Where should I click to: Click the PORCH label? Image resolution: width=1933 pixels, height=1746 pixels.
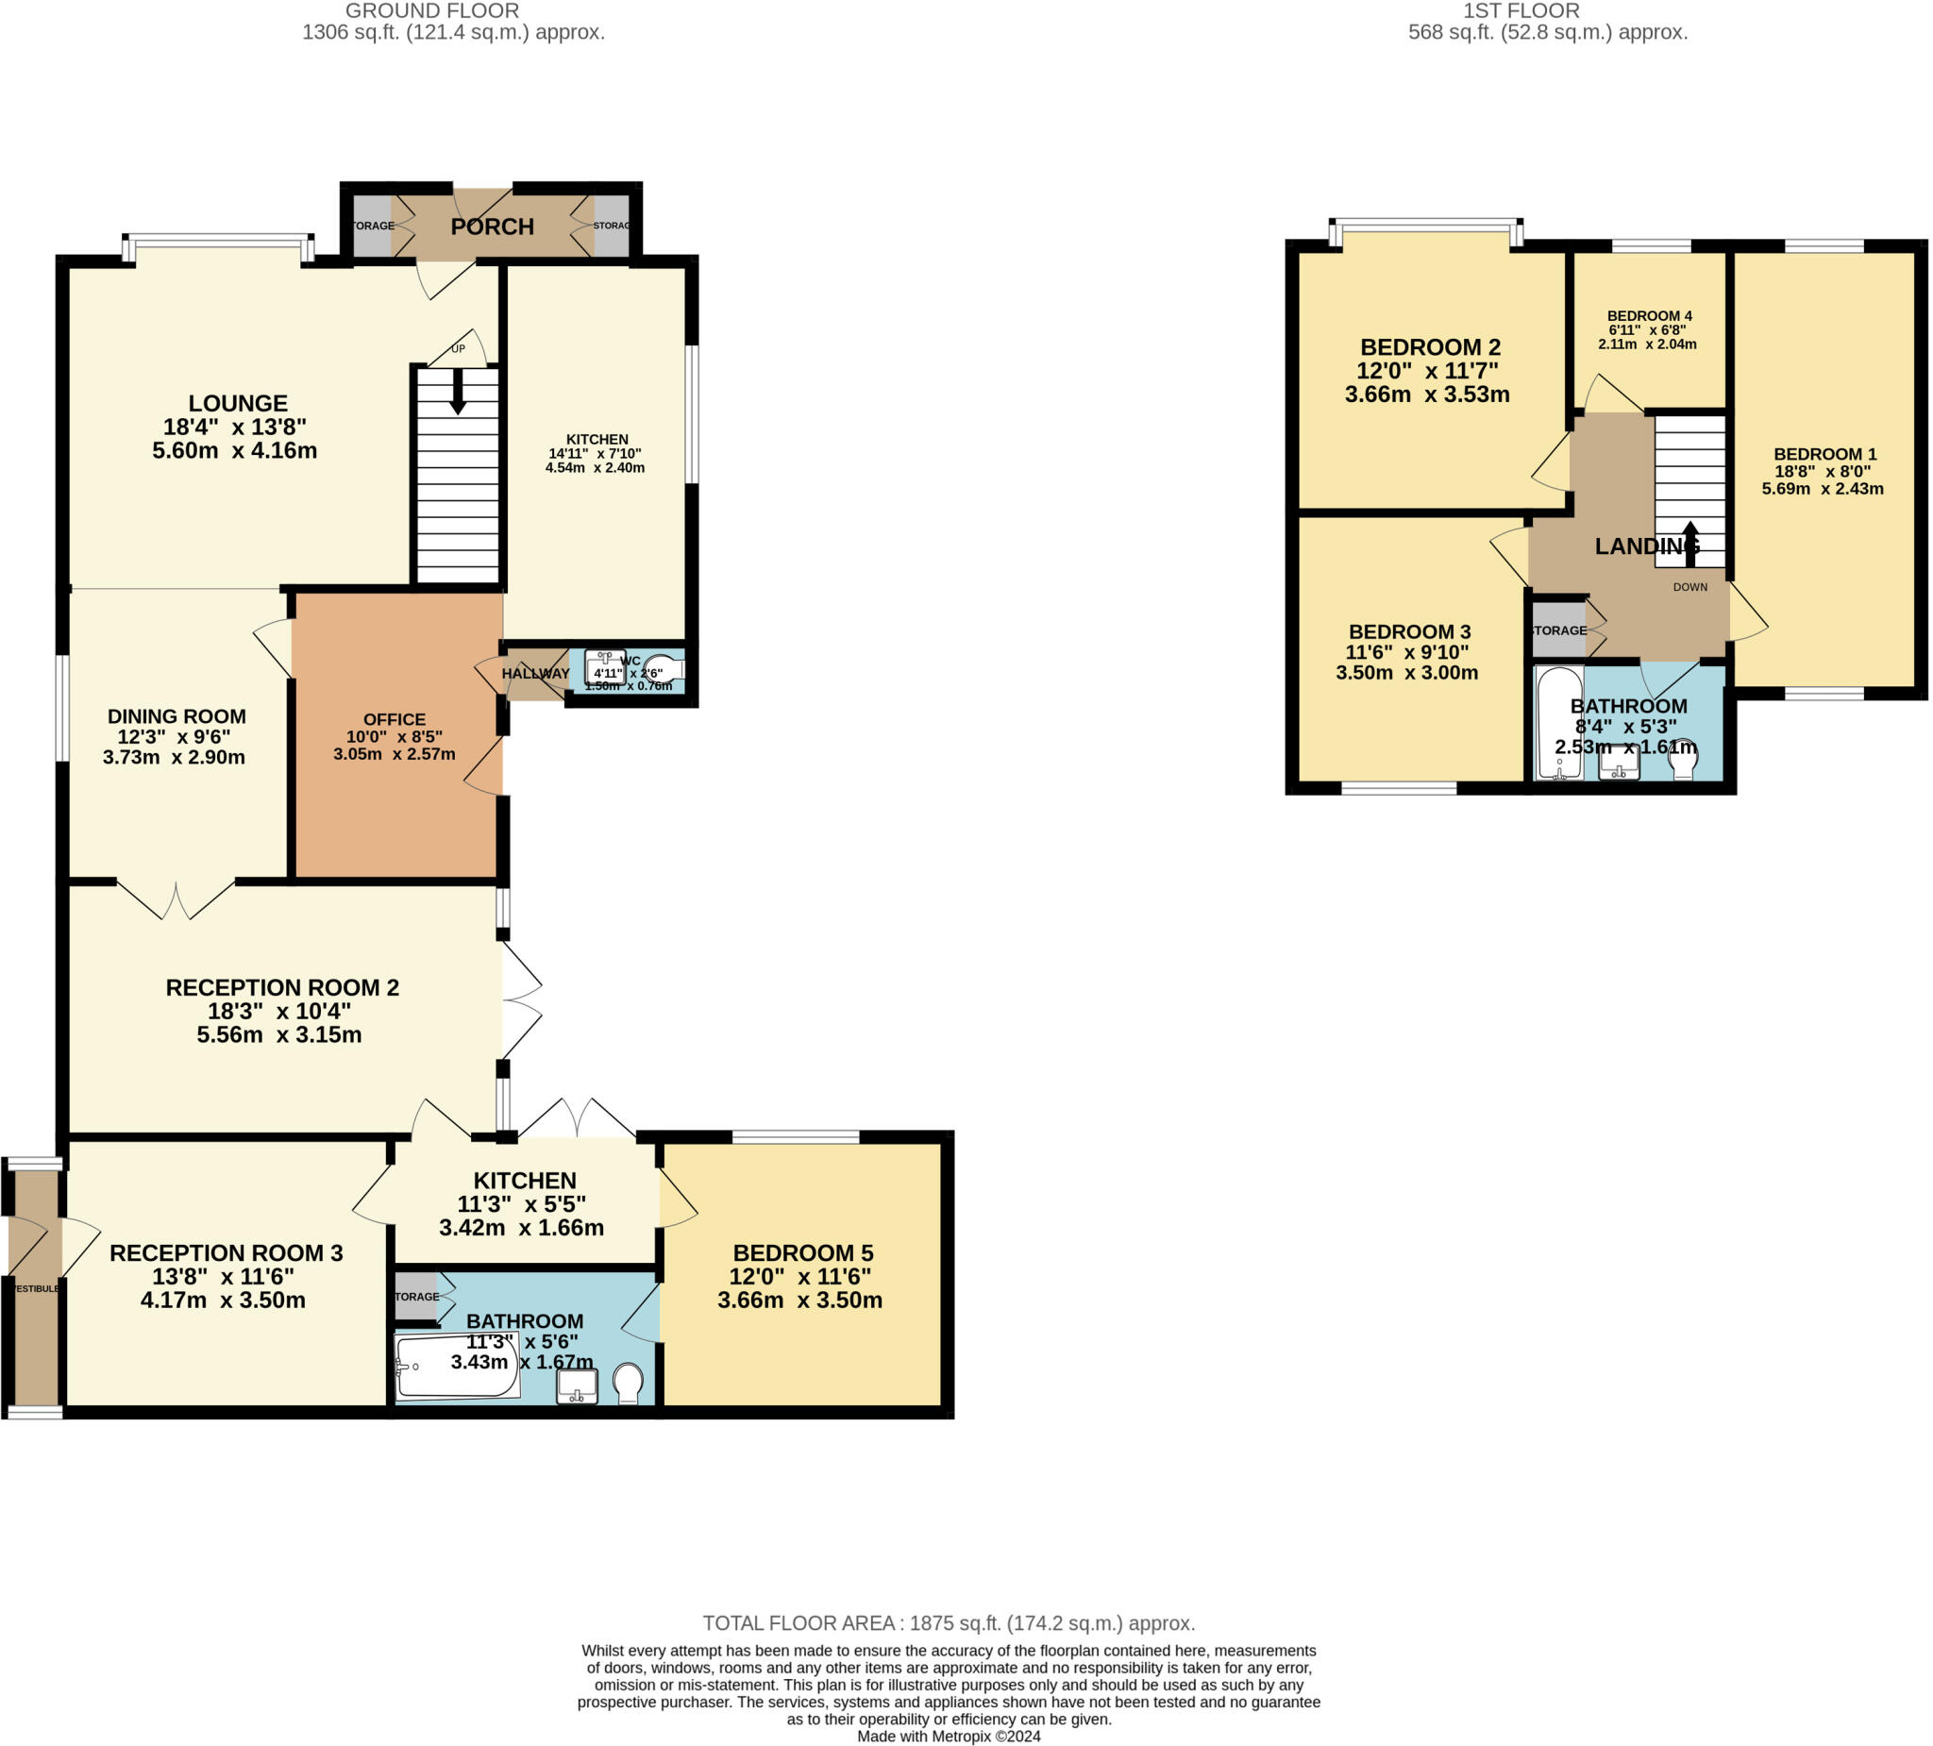point(492,227)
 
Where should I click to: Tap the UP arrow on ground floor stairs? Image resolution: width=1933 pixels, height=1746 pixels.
point(459,391)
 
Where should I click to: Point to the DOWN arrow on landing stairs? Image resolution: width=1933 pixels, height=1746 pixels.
point(1690,544)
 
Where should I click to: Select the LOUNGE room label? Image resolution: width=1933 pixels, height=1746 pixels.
point(238,404)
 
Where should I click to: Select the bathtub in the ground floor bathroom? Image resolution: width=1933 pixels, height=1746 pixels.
point(458,1368)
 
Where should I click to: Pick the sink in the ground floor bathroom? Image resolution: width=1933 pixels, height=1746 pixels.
point(578,1386)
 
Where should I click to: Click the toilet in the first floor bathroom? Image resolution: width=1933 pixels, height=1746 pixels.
point(1684,763)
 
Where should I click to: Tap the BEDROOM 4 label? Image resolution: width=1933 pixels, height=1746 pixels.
point(1649,315)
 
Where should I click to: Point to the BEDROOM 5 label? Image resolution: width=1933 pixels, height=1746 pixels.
point(802,1253)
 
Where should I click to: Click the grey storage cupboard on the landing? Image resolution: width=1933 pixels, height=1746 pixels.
point(1559,630)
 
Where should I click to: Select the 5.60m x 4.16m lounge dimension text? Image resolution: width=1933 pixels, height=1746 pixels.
point(235,450)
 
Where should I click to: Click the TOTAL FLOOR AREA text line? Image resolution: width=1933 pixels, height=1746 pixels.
point(949,1623)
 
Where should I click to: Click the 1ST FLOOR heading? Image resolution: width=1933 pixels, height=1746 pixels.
point(1521,11)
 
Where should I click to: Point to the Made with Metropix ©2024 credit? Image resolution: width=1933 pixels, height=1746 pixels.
point(949,1737)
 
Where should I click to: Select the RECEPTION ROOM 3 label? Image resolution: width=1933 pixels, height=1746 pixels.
point(227,1253)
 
